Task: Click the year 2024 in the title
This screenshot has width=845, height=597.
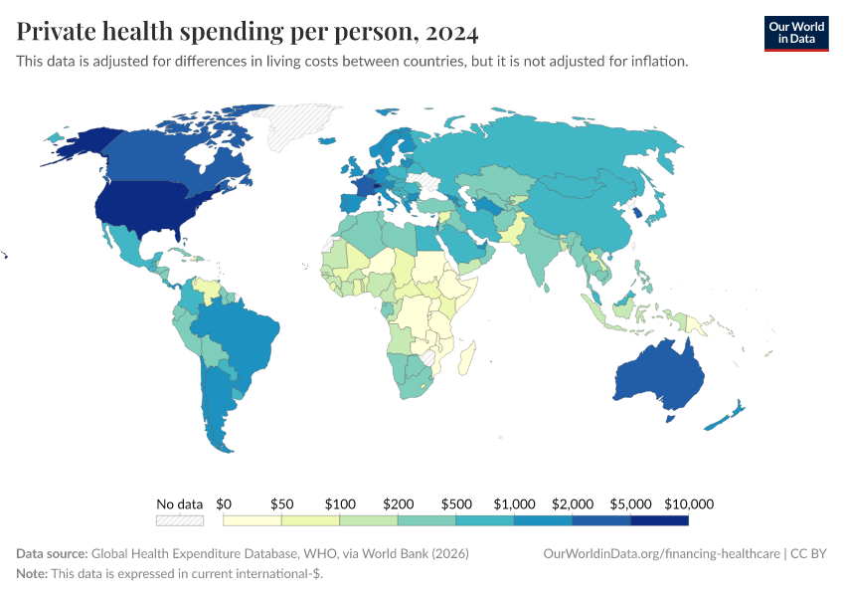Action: [x=451, y=33]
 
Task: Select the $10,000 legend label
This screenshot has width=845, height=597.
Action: [x=689, y=504]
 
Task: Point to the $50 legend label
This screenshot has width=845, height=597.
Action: [x=281, y=504]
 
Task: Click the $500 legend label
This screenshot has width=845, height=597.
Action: [x=455, y=504]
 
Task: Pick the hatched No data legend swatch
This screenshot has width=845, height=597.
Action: [x=179, y=520]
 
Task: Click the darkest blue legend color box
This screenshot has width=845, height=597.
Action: [x=659, y=520]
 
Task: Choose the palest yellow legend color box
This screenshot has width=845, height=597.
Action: [x=253, y=520]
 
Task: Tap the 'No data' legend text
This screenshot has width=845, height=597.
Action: [x=179, y=504]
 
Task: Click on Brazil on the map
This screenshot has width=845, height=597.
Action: [x=234, y=333]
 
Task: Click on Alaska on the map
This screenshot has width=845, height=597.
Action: [x=75, y=144]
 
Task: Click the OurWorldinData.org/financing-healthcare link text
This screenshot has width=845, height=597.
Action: [x=660, y=553]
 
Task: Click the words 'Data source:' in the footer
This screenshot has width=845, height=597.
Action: [x=52, y=553]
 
